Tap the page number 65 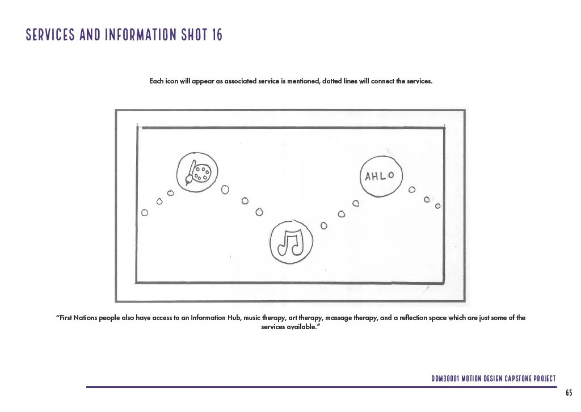click(569, 393)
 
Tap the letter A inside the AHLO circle click(367, 176)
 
